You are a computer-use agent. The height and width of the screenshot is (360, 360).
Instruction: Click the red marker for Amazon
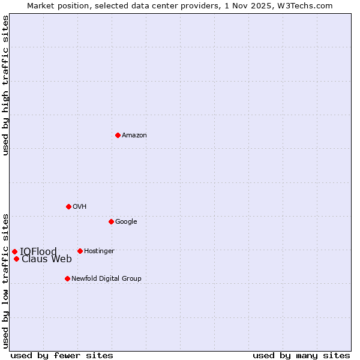point(118,135)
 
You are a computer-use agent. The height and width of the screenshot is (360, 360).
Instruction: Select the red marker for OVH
point(68,206)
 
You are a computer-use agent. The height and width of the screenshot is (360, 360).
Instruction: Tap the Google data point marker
point(111,221)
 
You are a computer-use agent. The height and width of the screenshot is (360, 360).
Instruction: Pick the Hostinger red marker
point(80,251)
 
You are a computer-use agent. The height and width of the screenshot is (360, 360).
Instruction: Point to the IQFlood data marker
point(14,251)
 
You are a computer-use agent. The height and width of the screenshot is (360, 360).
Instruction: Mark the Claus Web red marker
point(16,259)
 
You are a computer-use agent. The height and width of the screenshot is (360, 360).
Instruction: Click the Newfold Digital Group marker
point(67,278)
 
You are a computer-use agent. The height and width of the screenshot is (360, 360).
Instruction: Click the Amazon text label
point(134,136)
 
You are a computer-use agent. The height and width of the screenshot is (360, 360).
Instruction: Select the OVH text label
point(80,207)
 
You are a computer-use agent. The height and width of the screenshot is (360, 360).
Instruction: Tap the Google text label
point(126,222)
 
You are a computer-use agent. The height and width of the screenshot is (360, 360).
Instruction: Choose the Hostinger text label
point(99,251)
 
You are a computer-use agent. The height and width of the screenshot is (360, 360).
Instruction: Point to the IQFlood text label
point(38,251)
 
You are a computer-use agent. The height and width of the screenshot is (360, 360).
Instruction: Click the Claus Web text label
point(47,259)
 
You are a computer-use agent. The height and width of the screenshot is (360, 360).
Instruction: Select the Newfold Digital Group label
point(106,279)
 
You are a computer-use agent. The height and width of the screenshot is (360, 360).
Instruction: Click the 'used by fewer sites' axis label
point(62,355)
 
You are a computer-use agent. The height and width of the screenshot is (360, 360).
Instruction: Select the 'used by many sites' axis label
point(301,355)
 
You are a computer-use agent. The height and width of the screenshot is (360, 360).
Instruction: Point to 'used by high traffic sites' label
point(5,85)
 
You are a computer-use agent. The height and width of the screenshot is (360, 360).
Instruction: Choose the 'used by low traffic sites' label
point(5,280)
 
